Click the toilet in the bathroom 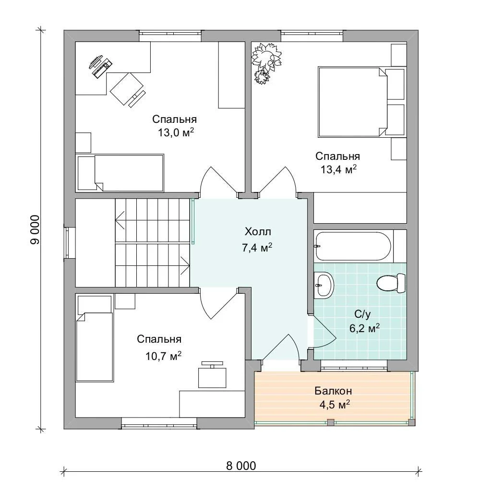(391, 283)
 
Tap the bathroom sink (324, 285)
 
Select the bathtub (353, 246)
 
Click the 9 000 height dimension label (35, 230)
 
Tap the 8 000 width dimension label (241, 466)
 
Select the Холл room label (258, 231)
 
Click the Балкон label (333, 391)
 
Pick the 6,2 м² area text (364, 328)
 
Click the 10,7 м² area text (163, 356)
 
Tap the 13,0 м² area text (176, 132)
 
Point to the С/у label (362, 314)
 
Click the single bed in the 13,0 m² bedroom (120, 173)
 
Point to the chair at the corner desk (127, 89)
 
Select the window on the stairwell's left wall (67, 242)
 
